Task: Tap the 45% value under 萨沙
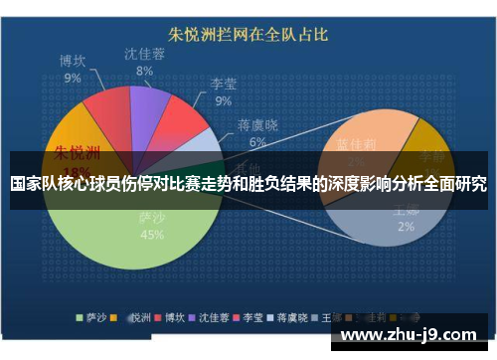(152, 236)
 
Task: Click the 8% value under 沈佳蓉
(145, 72)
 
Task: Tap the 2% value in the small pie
(406, 227)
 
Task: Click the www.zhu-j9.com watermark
(417, 333)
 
